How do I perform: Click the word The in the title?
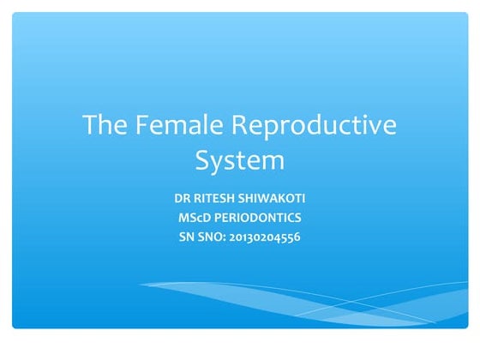102,126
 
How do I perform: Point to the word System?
239,159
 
